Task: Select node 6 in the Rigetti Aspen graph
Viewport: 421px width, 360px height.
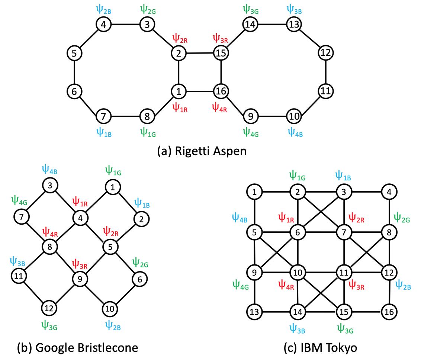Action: (74, 91)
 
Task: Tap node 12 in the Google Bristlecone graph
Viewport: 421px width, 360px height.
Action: (49, 308)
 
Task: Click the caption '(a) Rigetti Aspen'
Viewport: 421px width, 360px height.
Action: (202, 152)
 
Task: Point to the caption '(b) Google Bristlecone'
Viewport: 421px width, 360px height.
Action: (77, 348)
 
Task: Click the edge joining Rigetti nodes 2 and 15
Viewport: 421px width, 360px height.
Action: (200, 53)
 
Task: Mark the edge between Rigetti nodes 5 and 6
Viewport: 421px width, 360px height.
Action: (74, 72)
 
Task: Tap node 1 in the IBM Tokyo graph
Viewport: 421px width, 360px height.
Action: (254, 192)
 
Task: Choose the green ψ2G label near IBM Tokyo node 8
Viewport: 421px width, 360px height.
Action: (402, 217)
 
